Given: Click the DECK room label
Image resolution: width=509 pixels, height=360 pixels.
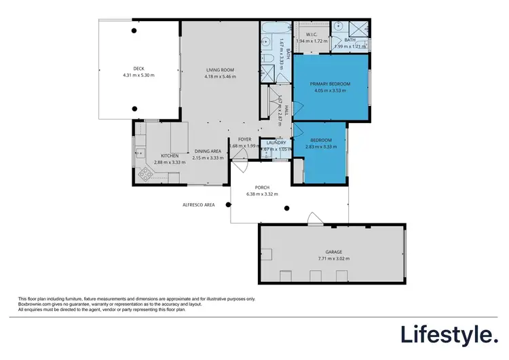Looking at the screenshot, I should point(139,68).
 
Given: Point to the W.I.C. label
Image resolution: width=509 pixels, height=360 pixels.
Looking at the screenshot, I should point(312,34).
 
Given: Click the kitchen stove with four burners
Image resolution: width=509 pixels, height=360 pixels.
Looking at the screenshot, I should point(145,174).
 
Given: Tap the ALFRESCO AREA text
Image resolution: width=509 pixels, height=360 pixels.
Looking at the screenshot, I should point(198,204).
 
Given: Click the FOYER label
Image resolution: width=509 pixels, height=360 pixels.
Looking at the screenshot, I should point(244,139).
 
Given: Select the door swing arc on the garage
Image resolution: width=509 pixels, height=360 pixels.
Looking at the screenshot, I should point(314,218).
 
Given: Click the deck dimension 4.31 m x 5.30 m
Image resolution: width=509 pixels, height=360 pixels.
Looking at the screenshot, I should point(139,75).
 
